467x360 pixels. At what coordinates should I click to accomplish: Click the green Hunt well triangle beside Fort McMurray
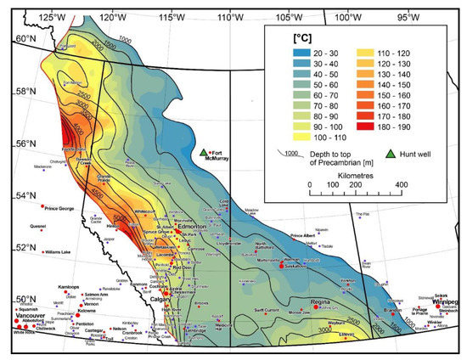(204, 154)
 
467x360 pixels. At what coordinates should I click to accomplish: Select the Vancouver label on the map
(30, 316)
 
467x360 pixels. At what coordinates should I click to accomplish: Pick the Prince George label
(63, 206)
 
